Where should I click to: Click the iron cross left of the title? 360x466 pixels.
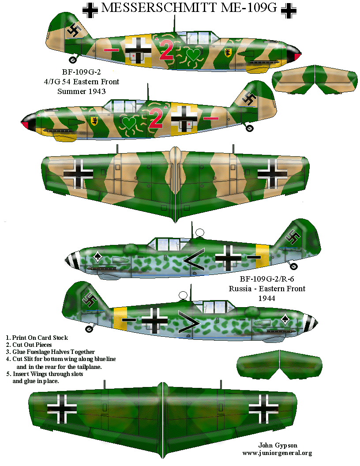(90, 10)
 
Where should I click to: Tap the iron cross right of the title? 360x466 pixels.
(289, 10)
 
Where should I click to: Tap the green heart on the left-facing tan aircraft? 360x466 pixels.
(129, 122)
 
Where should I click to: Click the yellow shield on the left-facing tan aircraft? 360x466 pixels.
(94, 120)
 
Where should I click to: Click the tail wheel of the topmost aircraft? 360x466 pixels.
(73, 60)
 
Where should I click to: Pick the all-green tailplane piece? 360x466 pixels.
(280, 364)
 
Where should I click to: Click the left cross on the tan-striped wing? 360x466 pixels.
(78, 174)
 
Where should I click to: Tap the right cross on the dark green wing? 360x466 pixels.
(263, 408)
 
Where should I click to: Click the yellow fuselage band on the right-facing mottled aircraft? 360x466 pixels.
(120, 319)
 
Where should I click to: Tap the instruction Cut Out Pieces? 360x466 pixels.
(31, 345)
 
